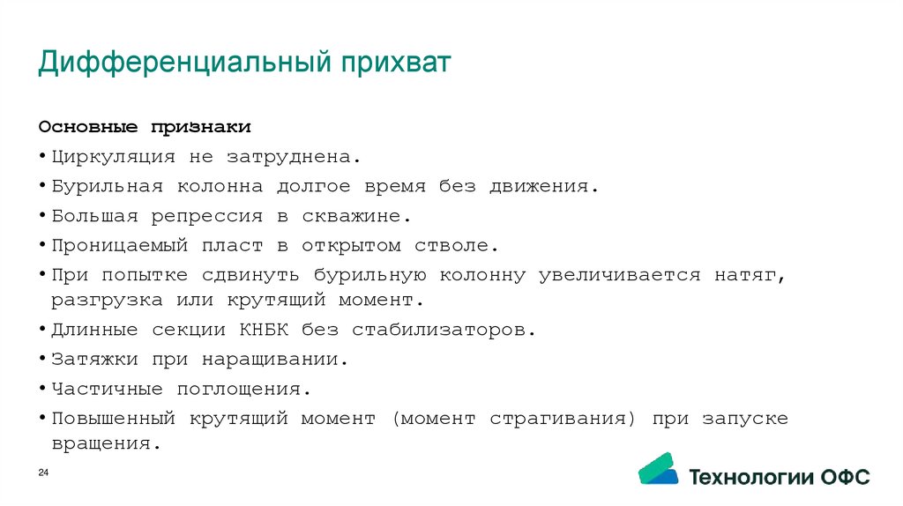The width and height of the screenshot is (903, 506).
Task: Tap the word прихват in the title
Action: [x=396, y=63]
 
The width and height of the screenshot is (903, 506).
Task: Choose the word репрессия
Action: [x=207, y=216]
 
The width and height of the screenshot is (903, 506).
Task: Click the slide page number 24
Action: [x=43, y=475]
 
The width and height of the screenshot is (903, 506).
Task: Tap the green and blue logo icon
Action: [x=658, y=469]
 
